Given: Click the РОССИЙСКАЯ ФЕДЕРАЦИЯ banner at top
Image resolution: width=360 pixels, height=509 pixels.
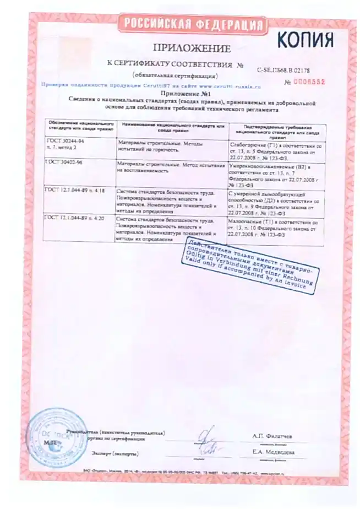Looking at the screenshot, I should pyautogui.click(x=192, y=24).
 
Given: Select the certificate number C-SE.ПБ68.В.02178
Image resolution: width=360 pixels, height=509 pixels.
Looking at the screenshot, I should pyautogui.click(x=283, y=70).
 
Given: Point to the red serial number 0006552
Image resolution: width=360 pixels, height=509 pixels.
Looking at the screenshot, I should pyautogui.click(x=309, y=82).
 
